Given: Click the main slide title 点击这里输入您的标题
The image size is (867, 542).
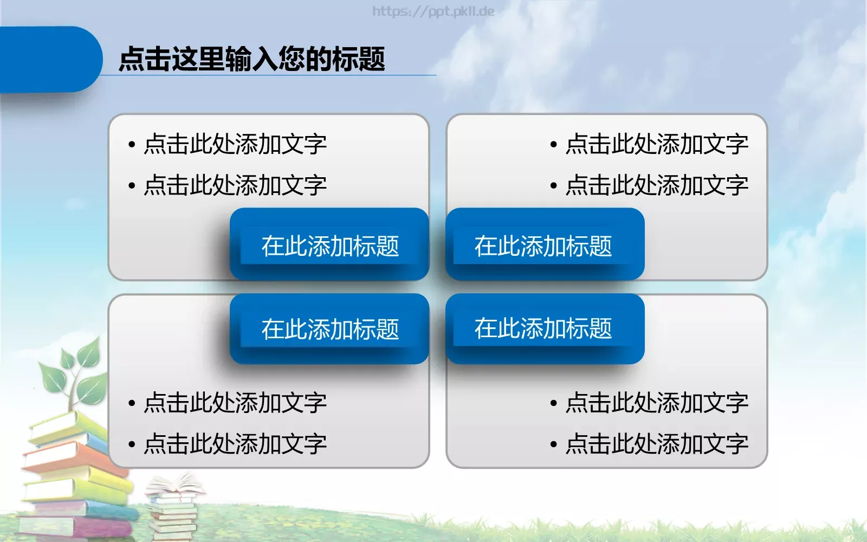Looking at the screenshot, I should coord(251,59).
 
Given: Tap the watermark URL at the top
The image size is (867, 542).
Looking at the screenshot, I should coord(433,11).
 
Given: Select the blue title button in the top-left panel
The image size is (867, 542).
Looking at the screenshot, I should coord(329,245).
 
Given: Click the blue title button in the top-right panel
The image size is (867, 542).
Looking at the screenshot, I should coord(544,245).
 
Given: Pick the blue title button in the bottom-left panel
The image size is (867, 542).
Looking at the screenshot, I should coord(329,328).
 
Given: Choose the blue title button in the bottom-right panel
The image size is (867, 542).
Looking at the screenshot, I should coord(544,328).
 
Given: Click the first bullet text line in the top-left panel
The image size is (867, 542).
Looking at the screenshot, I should coord(234,144).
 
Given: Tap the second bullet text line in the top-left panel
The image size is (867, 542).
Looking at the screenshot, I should coord(234,185).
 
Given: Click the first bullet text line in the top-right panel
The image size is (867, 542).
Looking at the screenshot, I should coord(656,144).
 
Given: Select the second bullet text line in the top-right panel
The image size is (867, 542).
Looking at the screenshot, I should coord(656,185).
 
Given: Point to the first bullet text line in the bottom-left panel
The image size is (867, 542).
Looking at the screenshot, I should coord(234,403).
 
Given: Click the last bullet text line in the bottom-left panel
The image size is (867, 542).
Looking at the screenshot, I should coord(234,444).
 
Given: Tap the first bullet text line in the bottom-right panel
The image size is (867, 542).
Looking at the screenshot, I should coord(656,403).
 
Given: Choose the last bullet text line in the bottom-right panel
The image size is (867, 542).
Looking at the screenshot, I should coord(656,444).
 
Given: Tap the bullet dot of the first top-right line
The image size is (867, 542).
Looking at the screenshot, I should coord(553,145).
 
